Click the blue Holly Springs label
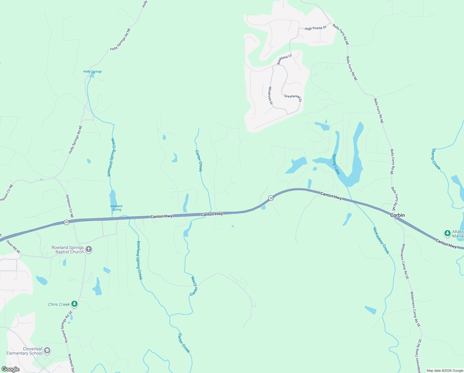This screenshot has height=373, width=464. (92, 71)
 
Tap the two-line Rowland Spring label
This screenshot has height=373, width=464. (116, 208)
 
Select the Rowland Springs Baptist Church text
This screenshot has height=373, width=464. (68, 250)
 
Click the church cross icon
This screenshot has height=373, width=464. (89, 249)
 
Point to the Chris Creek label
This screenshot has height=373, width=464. (59, 304)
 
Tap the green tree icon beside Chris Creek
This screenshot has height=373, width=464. (74, 304)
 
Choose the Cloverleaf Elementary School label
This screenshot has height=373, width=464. (25, 351)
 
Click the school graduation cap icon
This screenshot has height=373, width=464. (47, 351)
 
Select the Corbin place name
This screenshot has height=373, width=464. (397, 215)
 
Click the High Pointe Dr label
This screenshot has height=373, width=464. (316, 28)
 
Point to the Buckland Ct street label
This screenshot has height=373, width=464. (284, 59)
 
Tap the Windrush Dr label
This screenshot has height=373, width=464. (270, 95)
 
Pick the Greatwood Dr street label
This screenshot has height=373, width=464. (293, 97)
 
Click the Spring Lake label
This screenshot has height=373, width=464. (336, 164)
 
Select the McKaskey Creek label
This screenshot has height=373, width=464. (381, 241)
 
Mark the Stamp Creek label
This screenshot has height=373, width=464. (436, 159)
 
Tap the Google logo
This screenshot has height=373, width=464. (11, 369)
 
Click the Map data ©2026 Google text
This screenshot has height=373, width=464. (445, 371)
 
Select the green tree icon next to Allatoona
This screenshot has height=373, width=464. (447, 233)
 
